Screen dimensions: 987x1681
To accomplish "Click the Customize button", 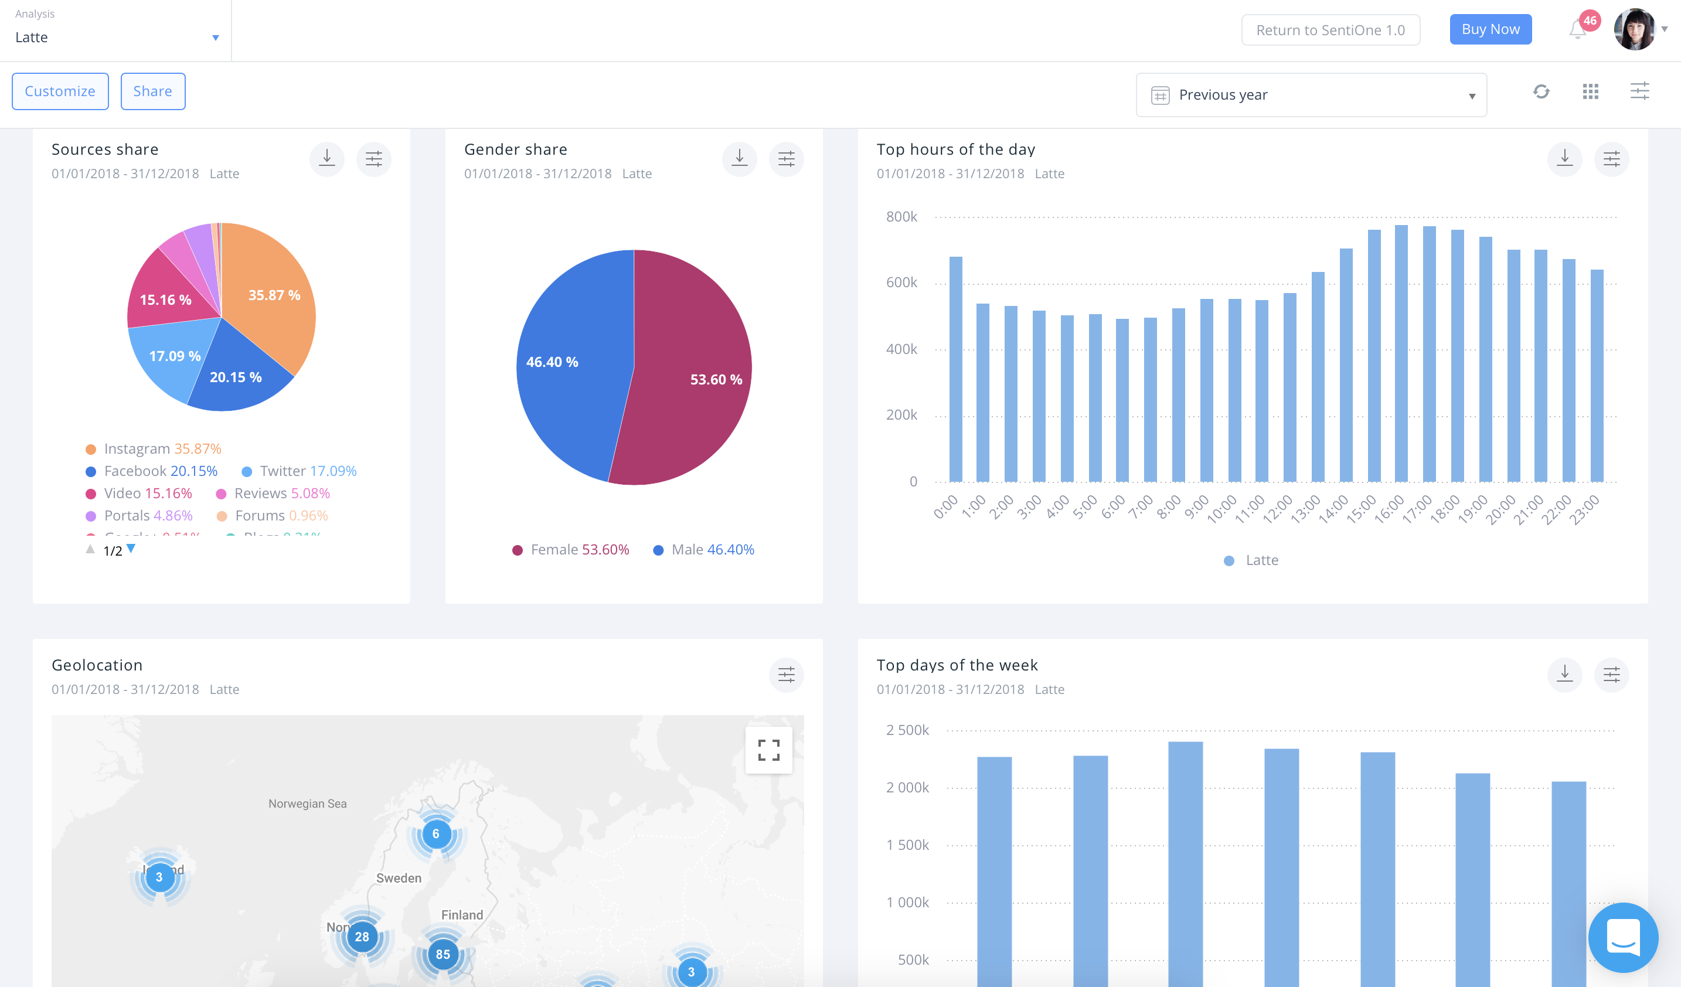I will tap(60, 91).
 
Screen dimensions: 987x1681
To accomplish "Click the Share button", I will tap(153, 91).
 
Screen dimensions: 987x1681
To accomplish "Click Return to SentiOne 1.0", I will tap(1330, 30).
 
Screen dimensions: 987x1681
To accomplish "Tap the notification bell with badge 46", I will tap(1578, 29).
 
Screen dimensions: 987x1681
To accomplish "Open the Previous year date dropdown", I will tap(1311, 95).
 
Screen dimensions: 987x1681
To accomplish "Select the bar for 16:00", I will tap(1401, 353).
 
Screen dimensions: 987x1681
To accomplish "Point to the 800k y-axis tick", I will tap(901, 217).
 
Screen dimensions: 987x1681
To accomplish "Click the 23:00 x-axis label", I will tap(1584, 510).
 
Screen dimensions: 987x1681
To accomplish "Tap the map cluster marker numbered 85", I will tap(443, 954).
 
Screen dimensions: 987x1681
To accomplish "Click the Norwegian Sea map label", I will tap(308, 804).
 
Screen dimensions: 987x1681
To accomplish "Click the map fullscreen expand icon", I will tap(768, 750).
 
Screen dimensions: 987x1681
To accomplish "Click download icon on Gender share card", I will tap(739, 159).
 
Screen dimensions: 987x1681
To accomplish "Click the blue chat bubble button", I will tap(1622, 937).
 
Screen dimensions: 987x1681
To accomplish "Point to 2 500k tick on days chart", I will tap(907, 730).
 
